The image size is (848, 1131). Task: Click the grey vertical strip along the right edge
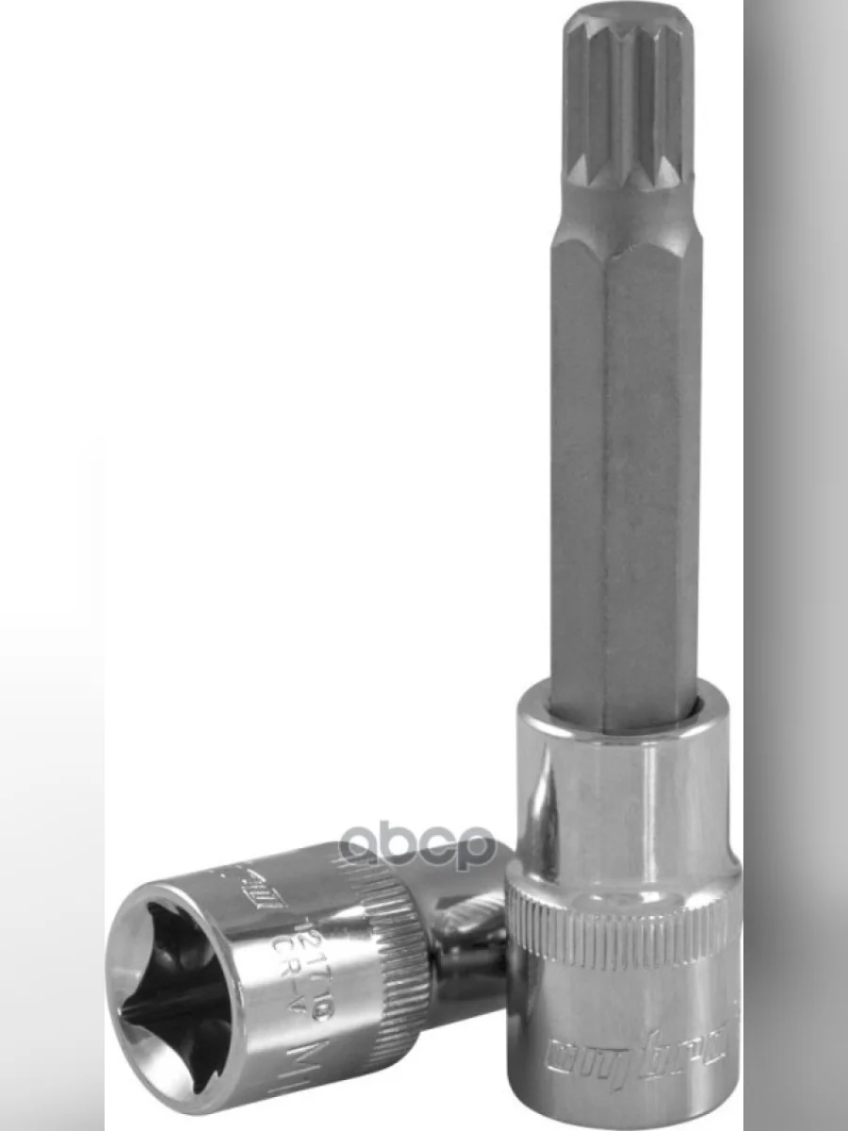tap(796, 565)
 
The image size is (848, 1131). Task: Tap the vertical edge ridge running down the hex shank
tap(607, 471)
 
